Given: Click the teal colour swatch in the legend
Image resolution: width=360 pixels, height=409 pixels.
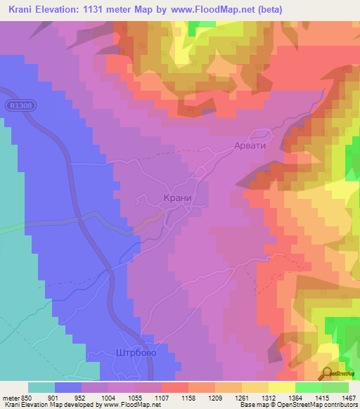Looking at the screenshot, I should [41, 387].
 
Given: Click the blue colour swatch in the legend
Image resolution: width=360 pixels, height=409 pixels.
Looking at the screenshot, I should [68, 387].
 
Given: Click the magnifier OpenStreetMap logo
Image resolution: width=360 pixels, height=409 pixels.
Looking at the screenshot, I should [328, 374].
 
